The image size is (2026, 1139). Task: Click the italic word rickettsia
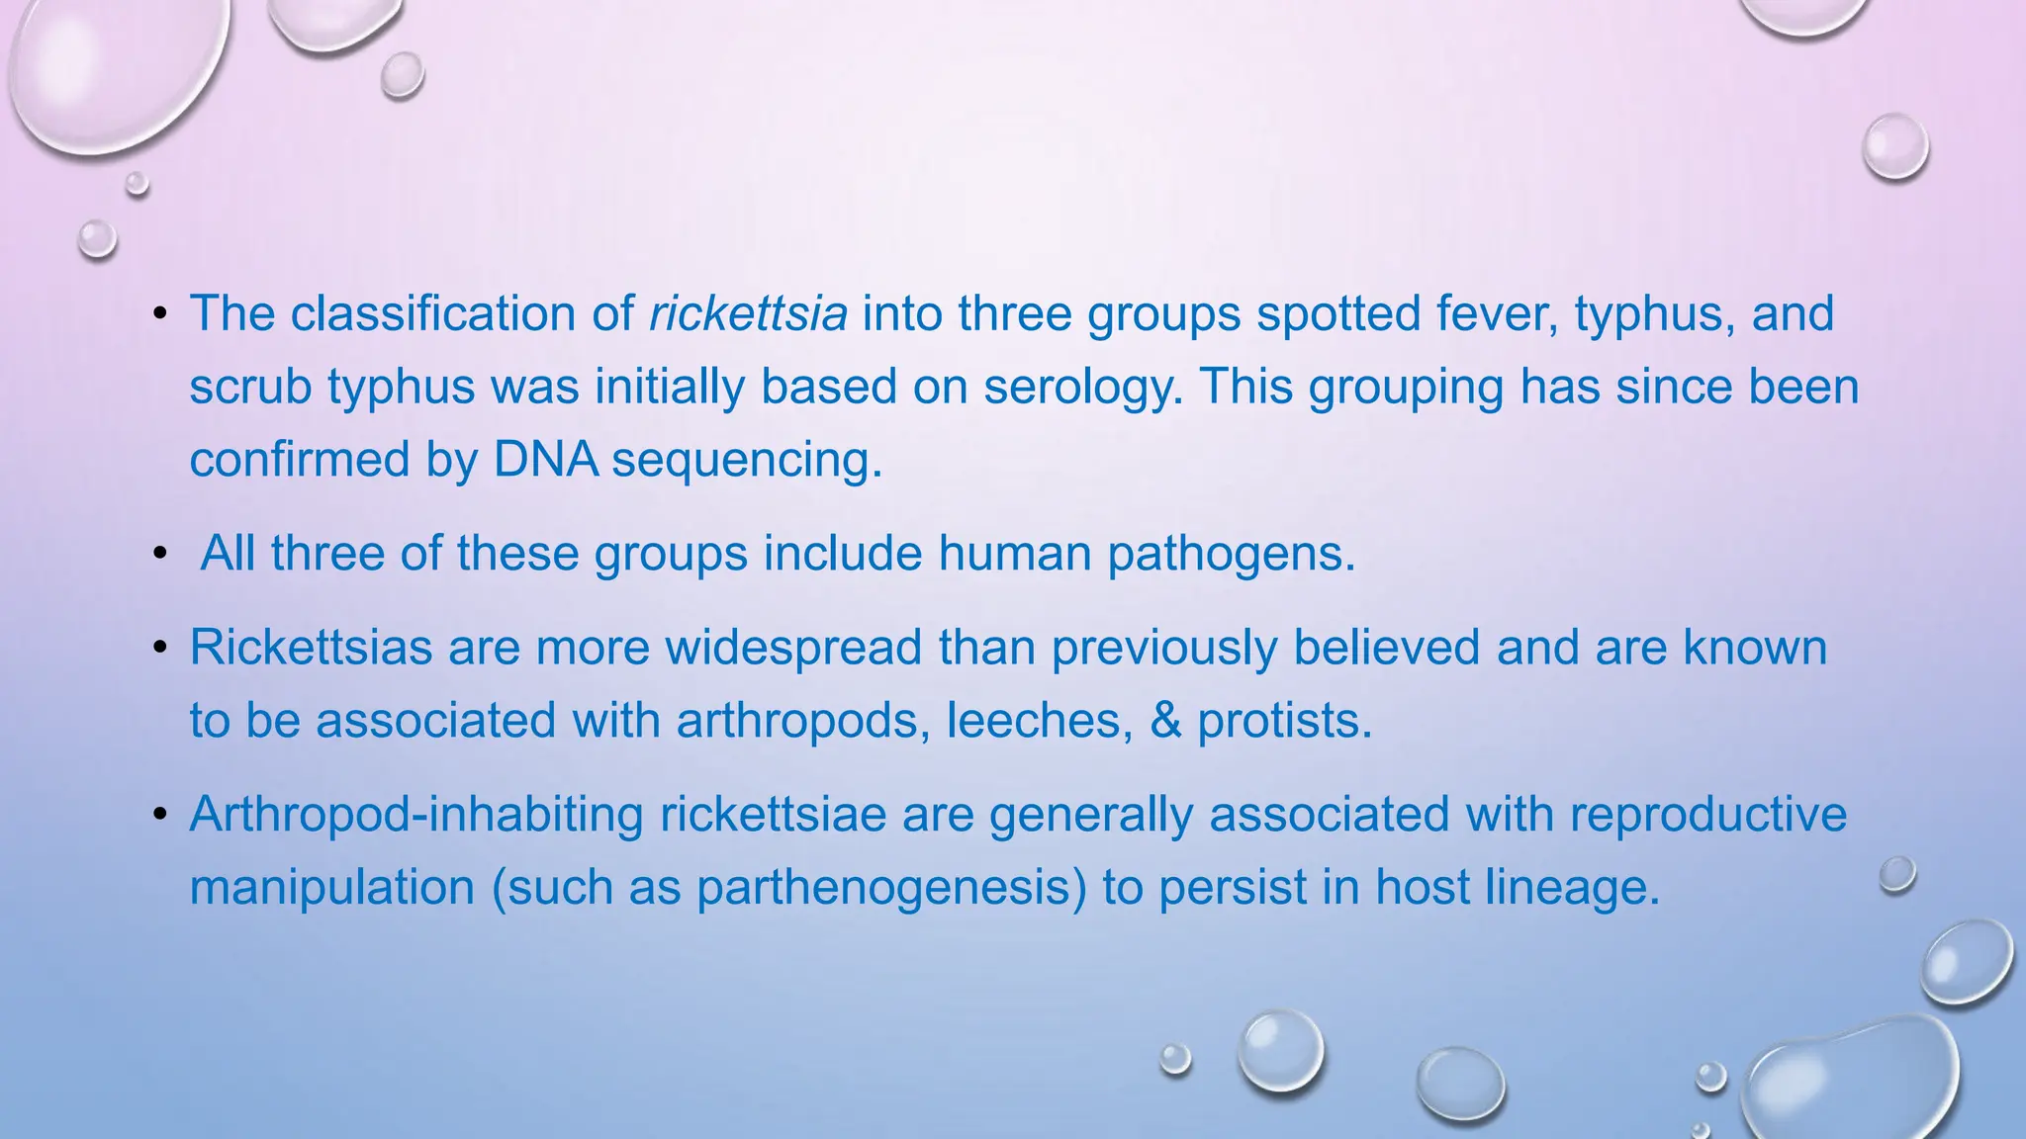click(x=748, y=313)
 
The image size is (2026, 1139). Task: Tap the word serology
click(x=1082, y=387)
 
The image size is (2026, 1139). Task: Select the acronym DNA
click(x=545, y=460)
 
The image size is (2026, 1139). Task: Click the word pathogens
click(x=1231, y=553)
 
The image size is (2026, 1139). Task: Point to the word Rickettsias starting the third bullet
click(x=311, y=648)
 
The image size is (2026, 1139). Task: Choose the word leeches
click(x=1040, y=721)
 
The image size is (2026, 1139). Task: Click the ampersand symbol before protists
click(x=1166, y=721)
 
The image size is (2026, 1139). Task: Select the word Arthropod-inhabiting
click(x=416, y=815)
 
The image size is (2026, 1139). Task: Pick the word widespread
click(x=793, y=648)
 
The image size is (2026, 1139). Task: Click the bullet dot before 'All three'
click(x=160, y=555)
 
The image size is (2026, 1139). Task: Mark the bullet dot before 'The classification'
click(x=160, y=315)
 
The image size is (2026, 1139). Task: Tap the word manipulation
click(x=332, y=888)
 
